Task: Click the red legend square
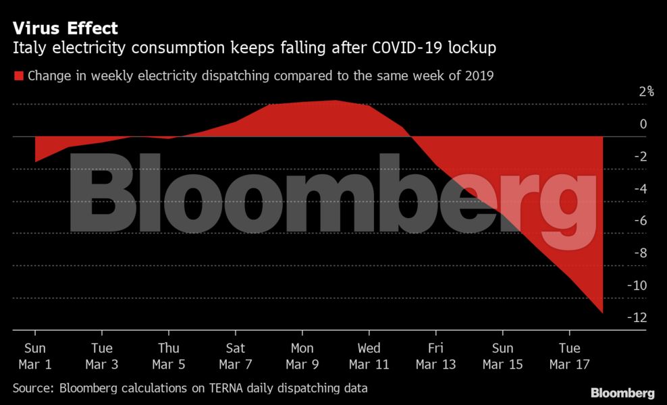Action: pos(18,76)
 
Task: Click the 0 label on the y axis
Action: pos(643,124)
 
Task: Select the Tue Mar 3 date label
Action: pos(102,356)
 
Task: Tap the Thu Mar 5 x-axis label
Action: pos(169,356)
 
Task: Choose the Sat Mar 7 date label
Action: pos(236,356)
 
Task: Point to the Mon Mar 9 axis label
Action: pos(302,356)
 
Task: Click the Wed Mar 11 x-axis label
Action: pos(369,356)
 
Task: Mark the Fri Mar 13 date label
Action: pos(435,356)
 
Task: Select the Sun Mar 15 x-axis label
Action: pos(502,356)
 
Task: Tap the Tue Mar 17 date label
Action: pos(569,356)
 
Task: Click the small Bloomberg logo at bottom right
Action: pos(622,393)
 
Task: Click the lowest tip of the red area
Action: pos(602,313)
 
